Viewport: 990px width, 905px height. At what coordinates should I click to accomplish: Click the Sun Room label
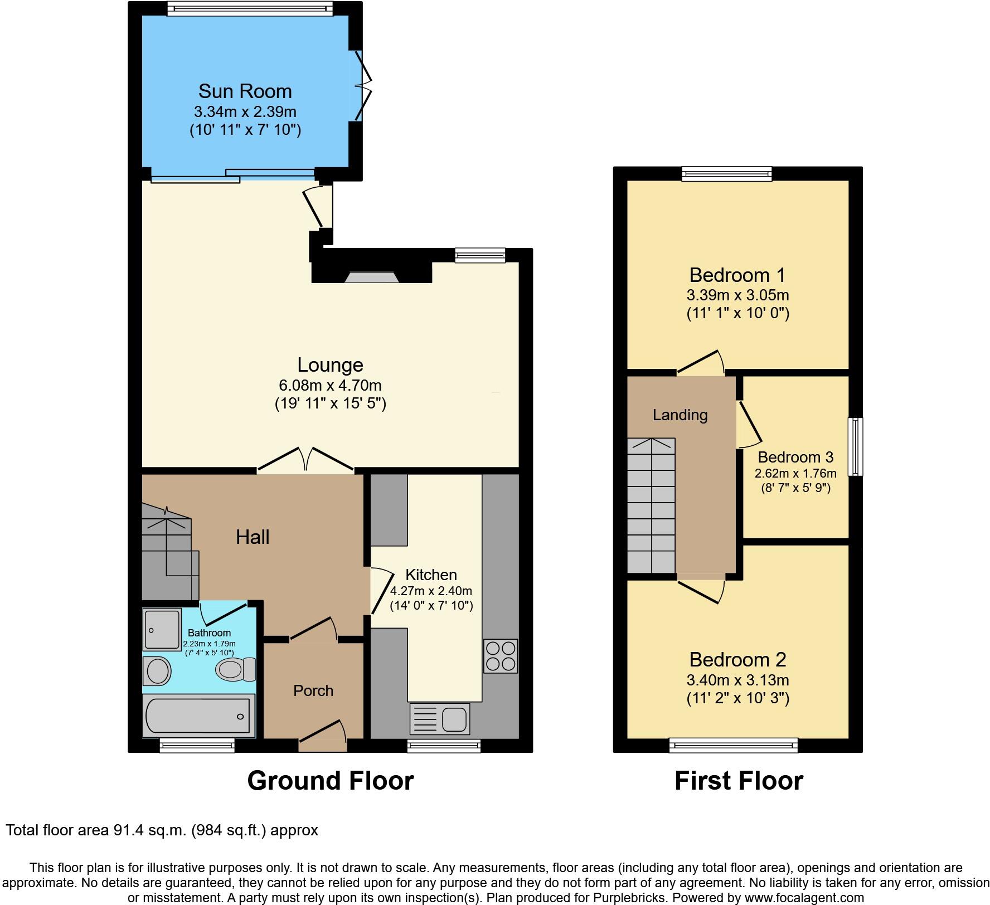pyautogui.click(x=245, y=91)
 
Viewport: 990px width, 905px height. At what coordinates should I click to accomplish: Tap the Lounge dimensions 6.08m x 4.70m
pyautogui.click(x=330, y=385)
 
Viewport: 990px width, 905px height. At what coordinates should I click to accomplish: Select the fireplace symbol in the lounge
pyautogui.click(x=371, y=277)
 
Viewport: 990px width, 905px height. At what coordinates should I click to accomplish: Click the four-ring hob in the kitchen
pyautogui.click(x=500, y=656)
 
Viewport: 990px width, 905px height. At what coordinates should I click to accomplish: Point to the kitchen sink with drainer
pyautogui.click(x=439, y=718)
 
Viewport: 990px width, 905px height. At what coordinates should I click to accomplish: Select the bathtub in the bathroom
pyautogui.click(x=198, y=716)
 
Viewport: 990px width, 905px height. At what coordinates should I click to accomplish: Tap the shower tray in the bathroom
pyautogui.click(x=162, y=630)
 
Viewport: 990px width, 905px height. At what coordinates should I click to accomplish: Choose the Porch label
pyautogui.click(x=313, y=691)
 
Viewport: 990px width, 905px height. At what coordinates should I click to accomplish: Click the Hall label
pyautogui.click(x=253, y=537)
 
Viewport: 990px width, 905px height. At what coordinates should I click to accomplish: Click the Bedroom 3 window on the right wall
pyautogui.click(x=856, y=446)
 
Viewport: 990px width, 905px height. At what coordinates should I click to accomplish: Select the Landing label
pyautogui.click(x=680, y=415)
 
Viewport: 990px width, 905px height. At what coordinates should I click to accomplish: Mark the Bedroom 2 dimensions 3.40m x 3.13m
pyautogui.click(x=737, y=680)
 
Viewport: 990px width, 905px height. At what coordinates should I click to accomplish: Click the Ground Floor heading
pyautogui.click(x=331, y=781)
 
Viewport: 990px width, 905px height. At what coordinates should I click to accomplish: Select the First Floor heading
pyautogui.click(x=739, y=781)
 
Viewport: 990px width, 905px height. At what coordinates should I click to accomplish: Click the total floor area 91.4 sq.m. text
pyautogui.click(x=162, y=830)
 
